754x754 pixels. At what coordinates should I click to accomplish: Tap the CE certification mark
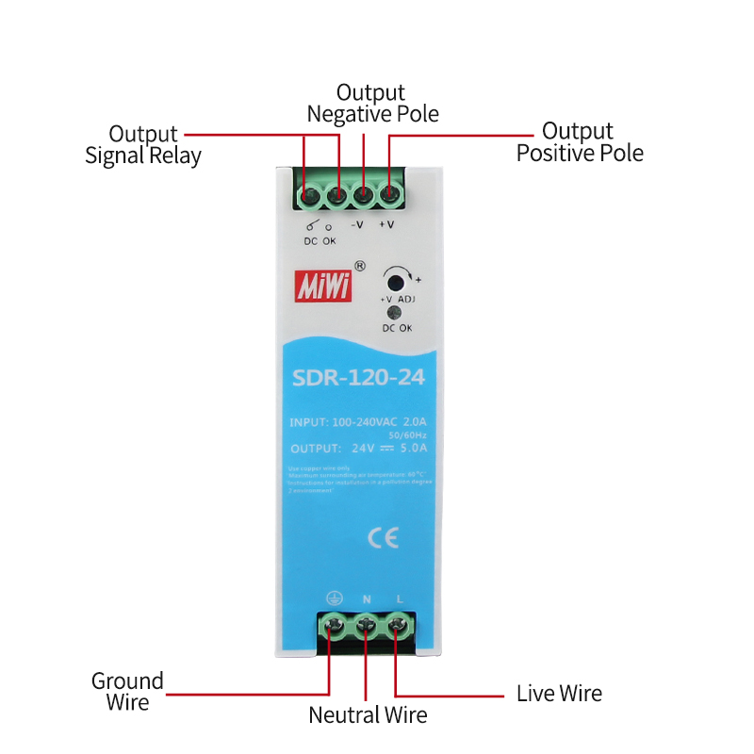(383, 537)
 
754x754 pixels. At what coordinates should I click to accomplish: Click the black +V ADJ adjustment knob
(396, 281)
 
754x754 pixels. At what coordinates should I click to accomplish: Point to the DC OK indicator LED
(396, 314)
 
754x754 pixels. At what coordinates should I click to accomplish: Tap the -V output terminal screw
(362, 196)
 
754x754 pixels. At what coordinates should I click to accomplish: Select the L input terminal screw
(398, 624)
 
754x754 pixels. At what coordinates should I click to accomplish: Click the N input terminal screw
(366, 624)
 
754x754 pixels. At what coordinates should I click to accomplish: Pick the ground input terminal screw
(333, 624)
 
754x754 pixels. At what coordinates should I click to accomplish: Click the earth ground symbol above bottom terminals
(333, 598)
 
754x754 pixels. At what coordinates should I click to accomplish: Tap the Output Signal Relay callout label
(143, 144)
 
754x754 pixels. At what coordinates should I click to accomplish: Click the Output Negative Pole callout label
(371, 103)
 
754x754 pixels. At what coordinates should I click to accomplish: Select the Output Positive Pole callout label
(579, 141)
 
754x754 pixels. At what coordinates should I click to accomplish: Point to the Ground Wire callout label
(127, 691)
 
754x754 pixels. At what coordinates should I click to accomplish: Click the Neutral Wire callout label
(368, 714)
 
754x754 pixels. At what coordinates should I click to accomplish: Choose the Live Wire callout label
(559, 694)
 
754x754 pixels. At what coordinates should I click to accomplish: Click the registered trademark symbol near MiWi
(359, 266)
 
